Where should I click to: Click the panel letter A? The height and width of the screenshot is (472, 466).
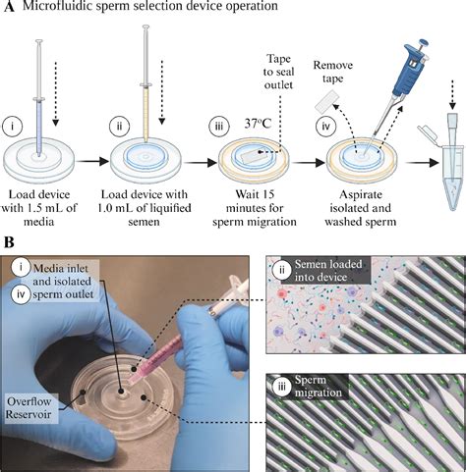pos(8,8)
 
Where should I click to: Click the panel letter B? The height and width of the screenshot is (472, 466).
pos(8,241)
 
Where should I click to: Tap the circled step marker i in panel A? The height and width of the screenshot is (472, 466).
pos(13,127)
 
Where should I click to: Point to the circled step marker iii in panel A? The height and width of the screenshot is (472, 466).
pos(214,127)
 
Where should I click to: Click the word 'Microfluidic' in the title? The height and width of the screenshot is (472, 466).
pos(67,9)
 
